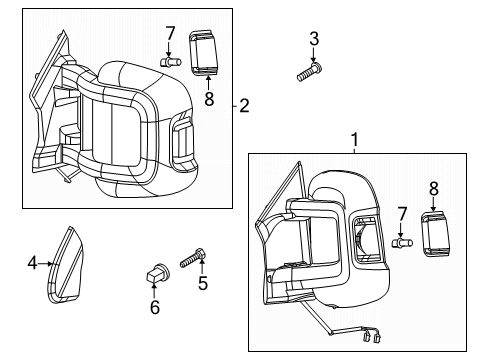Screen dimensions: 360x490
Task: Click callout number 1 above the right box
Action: point(352,138)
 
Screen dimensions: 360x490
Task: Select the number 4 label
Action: point(32,263)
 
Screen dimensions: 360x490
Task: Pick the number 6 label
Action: point(155,308)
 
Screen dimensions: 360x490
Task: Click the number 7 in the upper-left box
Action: point(170,32)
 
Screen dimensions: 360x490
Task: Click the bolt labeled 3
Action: point(307,70)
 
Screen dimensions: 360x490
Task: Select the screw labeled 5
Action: point(194,258)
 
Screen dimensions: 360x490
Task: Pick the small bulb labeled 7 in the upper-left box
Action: point(169,61)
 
